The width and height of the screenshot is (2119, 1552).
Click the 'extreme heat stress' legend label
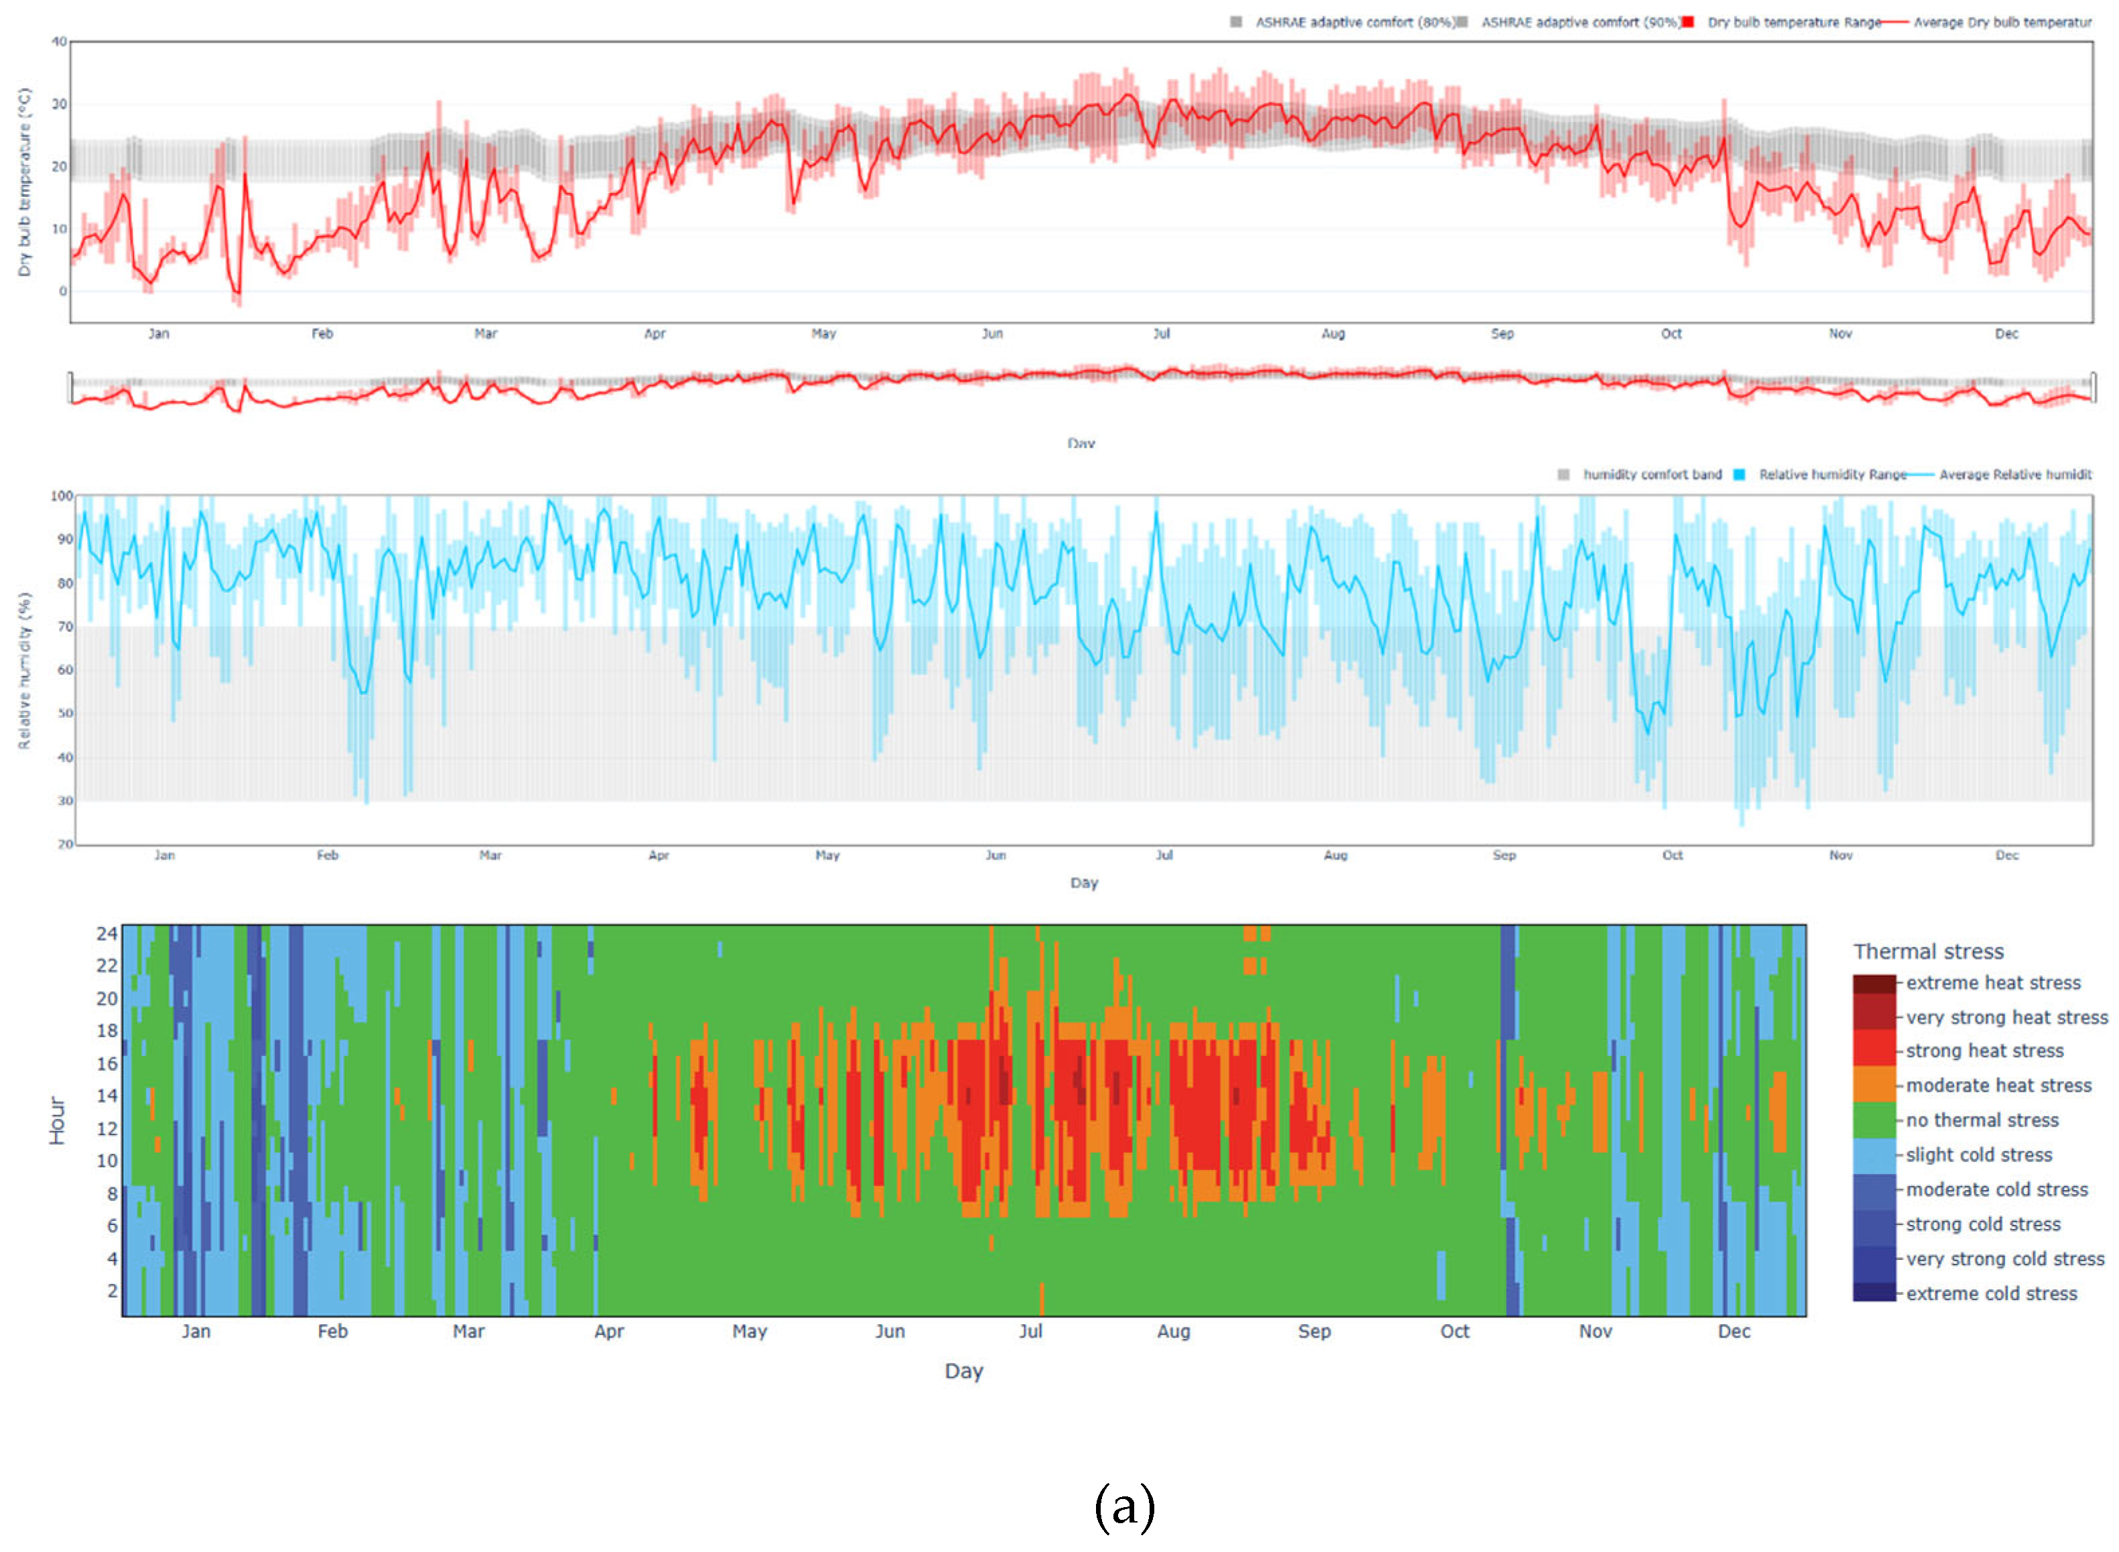coord(1992,982)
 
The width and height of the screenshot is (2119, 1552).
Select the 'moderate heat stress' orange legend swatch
coord(1873,1084)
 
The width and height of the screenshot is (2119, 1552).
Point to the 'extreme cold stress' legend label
coord(1990,1293)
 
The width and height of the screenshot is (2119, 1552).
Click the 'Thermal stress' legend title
coord(1927,952)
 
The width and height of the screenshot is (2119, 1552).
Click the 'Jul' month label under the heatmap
coord(1030,1332)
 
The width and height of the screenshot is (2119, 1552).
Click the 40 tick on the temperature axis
coord(59,42)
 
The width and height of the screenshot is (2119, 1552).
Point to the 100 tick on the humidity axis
coord(62,495)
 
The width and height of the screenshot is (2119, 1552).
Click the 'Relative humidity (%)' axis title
coord(24,670)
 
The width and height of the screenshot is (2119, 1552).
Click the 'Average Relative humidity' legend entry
coord(2014,474)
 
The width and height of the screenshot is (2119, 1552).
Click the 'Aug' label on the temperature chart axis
coord(1332,334)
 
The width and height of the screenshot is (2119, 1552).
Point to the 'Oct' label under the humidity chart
coord(1672,855)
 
